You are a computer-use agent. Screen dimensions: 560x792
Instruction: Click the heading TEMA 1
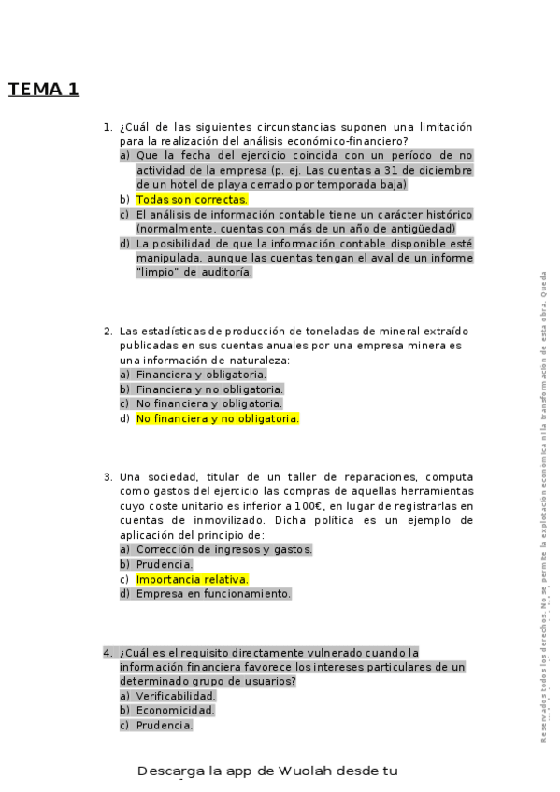point(44,90)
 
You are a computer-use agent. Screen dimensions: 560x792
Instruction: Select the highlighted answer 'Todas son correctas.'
point(192,199)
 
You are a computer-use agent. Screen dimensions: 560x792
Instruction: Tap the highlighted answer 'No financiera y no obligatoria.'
point(217,419)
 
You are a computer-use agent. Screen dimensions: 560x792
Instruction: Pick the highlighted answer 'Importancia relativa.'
point(192,579)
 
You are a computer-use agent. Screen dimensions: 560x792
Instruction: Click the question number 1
point(108,127)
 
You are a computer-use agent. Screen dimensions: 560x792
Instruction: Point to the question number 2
point(108,331)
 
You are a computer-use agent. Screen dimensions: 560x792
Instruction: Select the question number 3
point(108,476)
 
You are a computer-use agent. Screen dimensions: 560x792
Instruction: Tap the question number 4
point(108,652)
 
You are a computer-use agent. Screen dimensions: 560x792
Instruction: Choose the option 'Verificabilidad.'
point(176,696)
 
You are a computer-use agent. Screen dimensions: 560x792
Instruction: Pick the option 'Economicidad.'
point(175,711)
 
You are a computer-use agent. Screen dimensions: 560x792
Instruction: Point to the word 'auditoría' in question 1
point(224,272)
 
